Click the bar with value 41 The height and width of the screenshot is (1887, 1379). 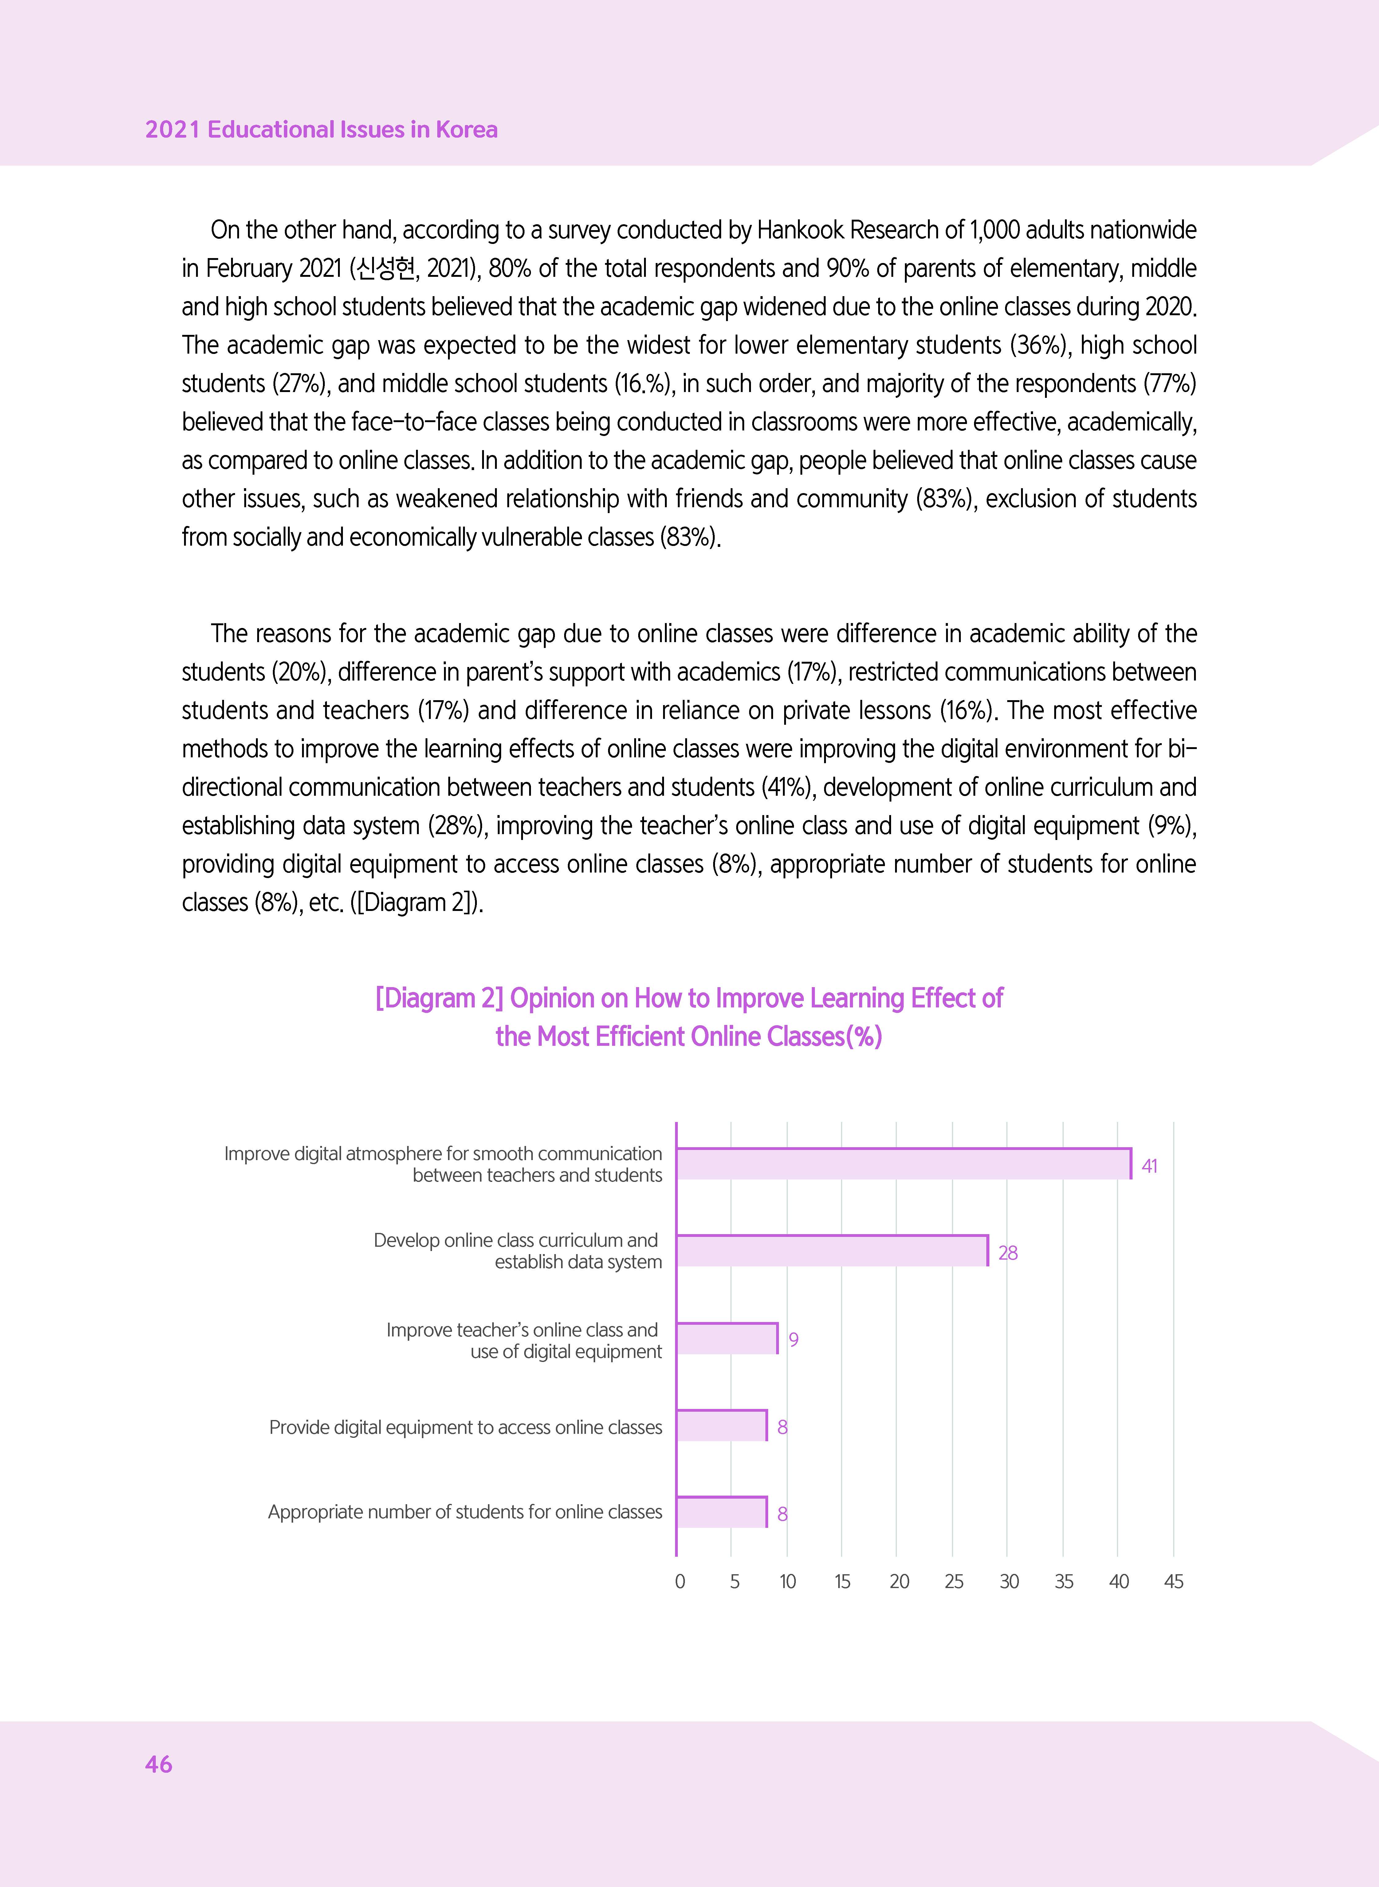tap(903, 1163)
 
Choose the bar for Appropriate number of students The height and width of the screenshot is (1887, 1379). tap(721, 1512)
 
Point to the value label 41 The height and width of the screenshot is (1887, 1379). tap(1149, 1166)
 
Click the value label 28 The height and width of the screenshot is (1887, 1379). tap(1008, 1253)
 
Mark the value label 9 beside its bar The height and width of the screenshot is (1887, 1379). tap(794, 1340)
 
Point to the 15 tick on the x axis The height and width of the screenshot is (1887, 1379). tap(842, 1582)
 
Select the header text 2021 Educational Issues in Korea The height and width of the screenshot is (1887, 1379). tap(321, 129)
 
